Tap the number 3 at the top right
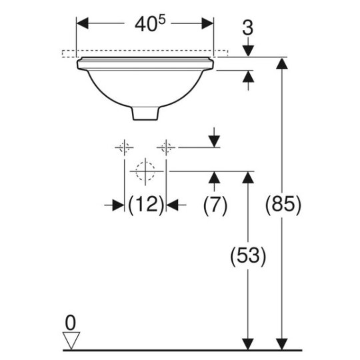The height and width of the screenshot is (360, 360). [x=248, y=28]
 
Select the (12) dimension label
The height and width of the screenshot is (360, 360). [x=146, y=205]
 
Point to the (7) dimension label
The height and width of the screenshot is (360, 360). [x=215, y=205]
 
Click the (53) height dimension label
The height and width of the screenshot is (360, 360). [x=248, y=256]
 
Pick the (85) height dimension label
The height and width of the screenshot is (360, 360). [x=283, y=205]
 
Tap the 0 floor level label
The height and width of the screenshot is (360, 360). [x=70, y=323]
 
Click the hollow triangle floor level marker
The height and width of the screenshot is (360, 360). [x=71, y=340]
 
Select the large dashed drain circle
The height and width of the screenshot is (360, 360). [x=145, y=171]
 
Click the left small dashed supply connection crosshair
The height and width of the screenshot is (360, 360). [x=124, y=147]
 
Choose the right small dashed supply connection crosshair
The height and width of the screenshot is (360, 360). [x=166, y=147]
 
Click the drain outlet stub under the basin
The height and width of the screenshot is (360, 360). [x=145, y=113]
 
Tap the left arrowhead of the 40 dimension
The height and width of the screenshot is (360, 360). [x=82, y=23]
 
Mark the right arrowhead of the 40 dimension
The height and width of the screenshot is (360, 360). [x=207, y=23]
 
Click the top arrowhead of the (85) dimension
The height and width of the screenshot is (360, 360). [x=282, y=63]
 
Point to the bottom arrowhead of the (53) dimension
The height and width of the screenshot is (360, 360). [x=248, y=344]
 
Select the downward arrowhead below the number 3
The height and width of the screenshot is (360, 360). [x=248, y=51]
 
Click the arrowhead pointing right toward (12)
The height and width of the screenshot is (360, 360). [x=118, y=205]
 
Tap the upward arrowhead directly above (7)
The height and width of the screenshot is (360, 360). [x=214, y=177]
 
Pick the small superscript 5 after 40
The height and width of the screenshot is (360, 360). [x=161, y=20]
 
